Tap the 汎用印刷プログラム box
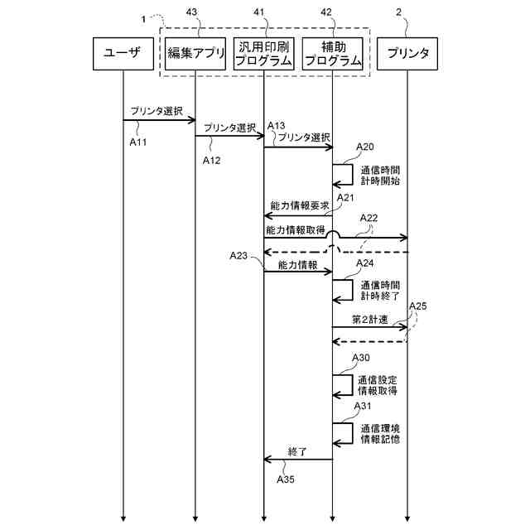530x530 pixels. click(x=263, y=54)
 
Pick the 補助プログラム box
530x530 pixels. click(x=332, y=54)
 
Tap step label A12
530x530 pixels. click(x=212, y=160)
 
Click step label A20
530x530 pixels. click(x=365, y=147)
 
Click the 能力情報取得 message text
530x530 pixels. click(x=295, y=229)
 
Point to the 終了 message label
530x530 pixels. click(x=297, y=451)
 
